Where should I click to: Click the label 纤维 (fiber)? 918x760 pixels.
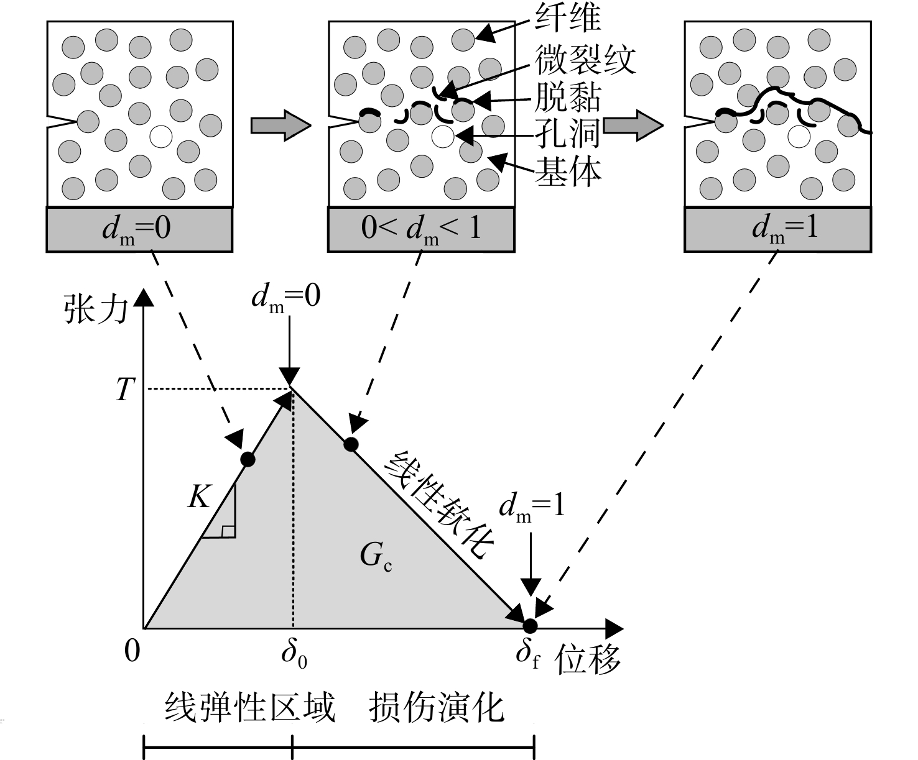point(568,19)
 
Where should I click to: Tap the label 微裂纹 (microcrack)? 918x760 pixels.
point(585,59)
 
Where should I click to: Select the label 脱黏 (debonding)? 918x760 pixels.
point(568,98)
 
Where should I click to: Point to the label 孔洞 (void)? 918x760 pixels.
point(568,134)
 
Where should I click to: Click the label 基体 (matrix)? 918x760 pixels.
point(568,172)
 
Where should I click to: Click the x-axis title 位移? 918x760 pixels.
point(587,659)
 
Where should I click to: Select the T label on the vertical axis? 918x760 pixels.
point(125,389)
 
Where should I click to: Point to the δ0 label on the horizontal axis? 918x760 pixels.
point(294,655)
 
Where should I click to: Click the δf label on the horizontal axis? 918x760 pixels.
point(527,655)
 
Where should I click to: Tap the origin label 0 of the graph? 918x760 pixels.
point(132,651)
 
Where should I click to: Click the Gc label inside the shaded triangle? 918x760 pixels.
point(376,556)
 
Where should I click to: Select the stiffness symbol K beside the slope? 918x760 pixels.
point(200,497)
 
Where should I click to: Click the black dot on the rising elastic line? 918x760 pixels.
point(248,459)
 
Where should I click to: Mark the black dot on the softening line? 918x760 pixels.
point(351,444)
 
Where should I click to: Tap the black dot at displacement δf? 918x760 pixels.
point(530,626)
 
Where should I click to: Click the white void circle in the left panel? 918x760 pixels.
point(161,136)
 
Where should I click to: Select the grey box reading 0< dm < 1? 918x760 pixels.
point(421,230)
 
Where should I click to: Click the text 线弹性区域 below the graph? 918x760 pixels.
point(250,708)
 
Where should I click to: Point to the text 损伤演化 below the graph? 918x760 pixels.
point(436,708)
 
